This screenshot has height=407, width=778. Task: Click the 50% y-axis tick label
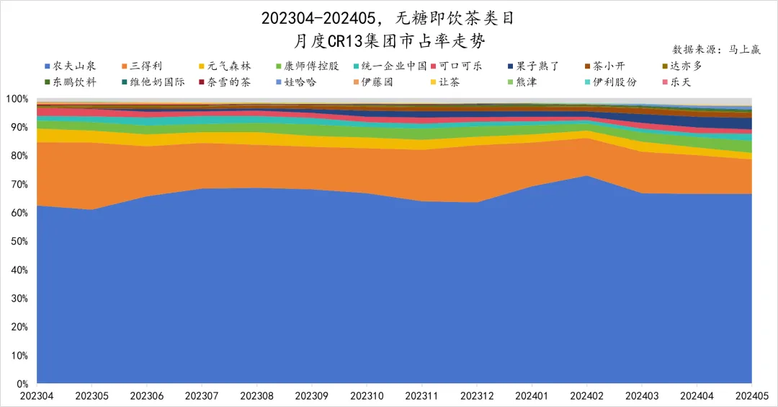tap(18, 242)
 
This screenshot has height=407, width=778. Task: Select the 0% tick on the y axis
tap(21, 384)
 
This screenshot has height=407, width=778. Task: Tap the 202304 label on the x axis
tap(36, 396)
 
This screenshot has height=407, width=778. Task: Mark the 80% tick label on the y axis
tap(18, 156)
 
